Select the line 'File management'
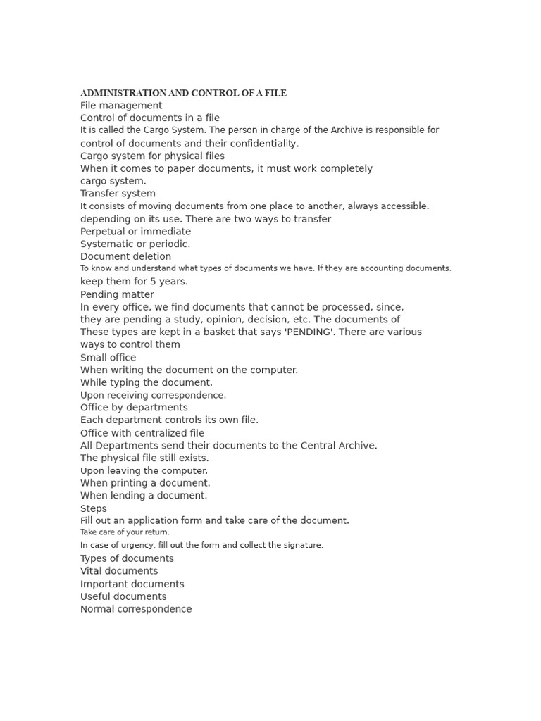(x=121, y=106)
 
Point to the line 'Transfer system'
(x=118, y=194)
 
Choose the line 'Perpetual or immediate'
(x=135, y=232)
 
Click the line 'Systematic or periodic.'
(x=135, y=244)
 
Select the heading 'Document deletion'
(x=125, y=257)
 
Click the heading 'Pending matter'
(x=117, y=294)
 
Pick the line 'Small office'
(x=108, y=358)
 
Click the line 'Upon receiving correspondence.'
(x=153, y=396)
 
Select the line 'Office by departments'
(x=134, y=408)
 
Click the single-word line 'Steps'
(x=94, y=508)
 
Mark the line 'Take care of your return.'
(x=125, y=532)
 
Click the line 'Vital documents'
(x=119, y=571)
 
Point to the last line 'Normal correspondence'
(x=136, y=609)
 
